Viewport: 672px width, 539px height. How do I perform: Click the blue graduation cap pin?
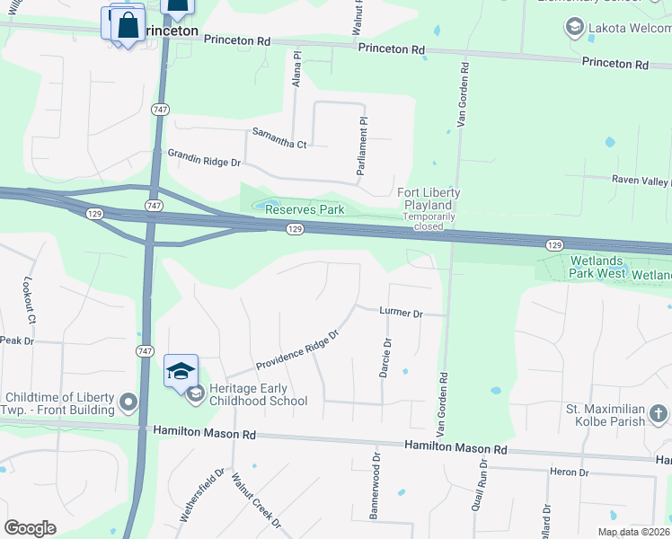(x=181, y=370)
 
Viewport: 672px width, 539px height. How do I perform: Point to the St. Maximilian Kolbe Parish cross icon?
(x=658, y=413)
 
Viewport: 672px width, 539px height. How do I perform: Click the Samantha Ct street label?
(x=279, y=144)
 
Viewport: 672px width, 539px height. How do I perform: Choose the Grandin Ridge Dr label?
(x=205, y=158)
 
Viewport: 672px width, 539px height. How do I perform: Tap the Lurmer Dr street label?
(x=401, y=313)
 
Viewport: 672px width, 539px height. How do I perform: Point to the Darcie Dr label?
(x=386, y=358)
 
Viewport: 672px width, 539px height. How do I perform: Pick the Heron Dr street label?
(x=571, y=473)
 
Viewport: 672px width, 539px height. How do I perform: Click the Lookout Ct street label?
(x=30, y=300)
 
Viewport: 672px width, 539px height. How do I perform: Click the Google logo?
(x=30, y=528)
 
